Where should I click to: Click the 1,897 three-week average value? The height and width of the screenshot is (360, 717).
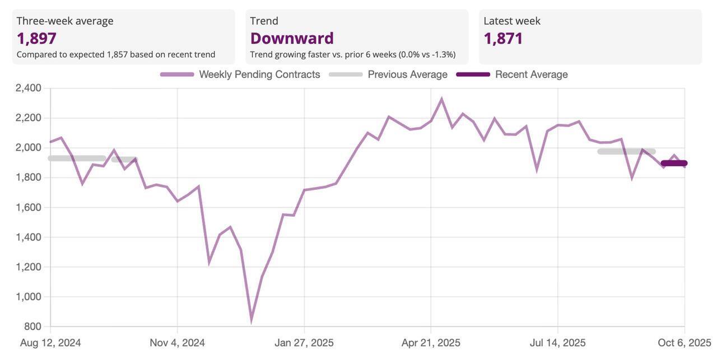(36, 38)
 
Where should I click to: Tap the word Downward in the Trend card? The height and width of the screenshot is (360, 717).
(292, 38)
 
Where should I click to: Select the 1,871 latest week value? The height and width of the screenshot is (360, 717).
(503, 38)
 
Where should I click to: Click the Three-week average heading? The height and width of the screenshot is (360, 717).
(65, 21)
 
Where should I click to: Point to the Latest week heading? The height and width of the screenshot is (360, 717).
(512, 21)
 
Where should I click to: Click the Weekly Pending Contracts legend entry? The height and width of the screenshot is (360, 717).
(259, 74)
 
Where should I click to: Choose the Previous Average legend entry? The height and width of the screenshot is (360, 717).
(407, 74)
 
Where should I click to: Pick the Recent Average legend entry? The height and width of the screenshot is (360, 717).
(531, 74)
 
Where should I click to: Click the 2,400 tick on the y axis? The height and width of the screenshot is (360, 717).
(29, 88)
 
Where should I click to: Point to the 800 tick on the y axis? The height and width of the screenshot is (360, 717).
(32, 326)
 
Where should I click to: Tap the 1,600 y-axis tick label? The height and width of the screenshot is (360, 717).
(29, 207)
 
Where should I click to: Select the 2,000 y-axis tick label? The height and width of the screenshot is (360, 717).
(29, 147)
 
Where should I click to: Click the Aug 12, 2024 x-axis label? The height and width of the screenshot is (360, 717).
(50, 343)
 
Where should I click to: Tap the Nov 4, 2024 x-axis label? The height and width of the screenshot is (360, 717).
(177, 343)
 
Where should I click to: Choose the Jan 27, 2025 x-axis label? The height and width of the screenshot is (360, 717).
(304, 343)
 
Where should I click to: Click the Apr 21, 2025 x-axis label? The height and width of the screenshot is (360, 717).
(431, 343)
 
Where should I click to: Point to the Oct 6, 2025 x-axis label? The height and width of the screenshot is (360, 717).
(684, 343)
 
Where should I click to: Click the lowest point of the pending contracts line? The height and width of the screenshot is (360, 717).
(251, 321)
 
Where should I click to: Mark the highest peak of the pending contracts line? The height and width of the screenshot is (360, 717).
(441, 99)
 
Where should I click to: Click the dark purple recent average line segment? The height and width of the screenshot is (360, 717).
(674, 163)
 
